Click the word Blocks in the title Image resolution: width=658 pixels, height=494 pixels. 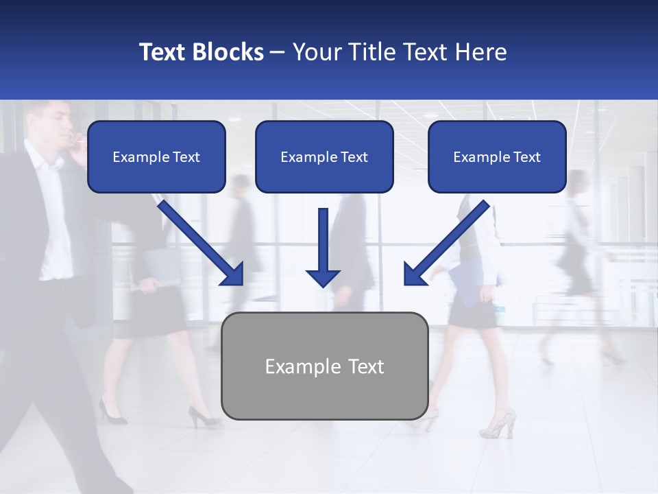click(227, 52)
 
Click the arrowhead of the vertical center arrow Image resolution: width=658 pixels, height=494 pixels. click(323, 277)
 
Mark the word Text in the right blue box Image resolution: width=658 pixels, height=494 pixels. click(527, 157)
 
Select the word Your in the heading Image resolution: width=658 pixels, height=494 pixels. click(315, 52)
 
